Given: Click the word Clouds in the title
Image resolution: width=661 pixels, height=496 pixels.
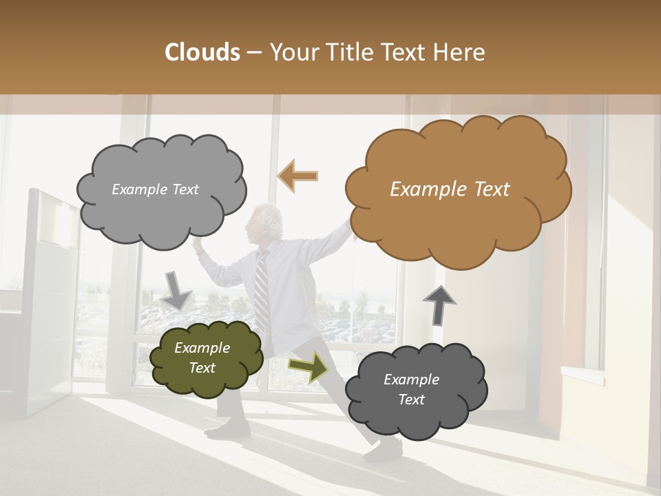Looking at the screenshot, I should tap(202, 52).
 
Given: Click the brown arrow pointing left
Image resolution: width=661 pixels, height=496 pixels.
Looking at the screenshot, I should tap(298, 176).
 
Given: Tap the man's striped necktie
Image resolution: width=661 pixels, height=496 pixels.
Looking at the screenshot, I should tap(262, 289).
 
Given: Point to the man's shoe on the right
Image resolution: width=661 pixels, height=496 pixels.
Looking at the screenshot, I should tap(383, 451).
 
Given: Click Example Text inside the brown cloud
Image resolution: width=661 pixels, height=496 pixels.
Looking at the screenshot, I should tap(450, 189).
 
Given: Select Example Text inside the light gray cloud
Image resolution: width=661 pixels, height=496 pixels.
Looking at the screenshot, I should tap(155, 189).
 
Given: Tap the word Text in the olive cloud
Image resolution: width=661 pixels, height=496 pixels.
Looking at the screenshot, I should tap(202, 368).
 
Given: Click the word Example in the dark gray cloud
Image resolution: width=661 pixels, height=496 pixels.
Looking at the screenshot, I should tap(411, 380).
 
